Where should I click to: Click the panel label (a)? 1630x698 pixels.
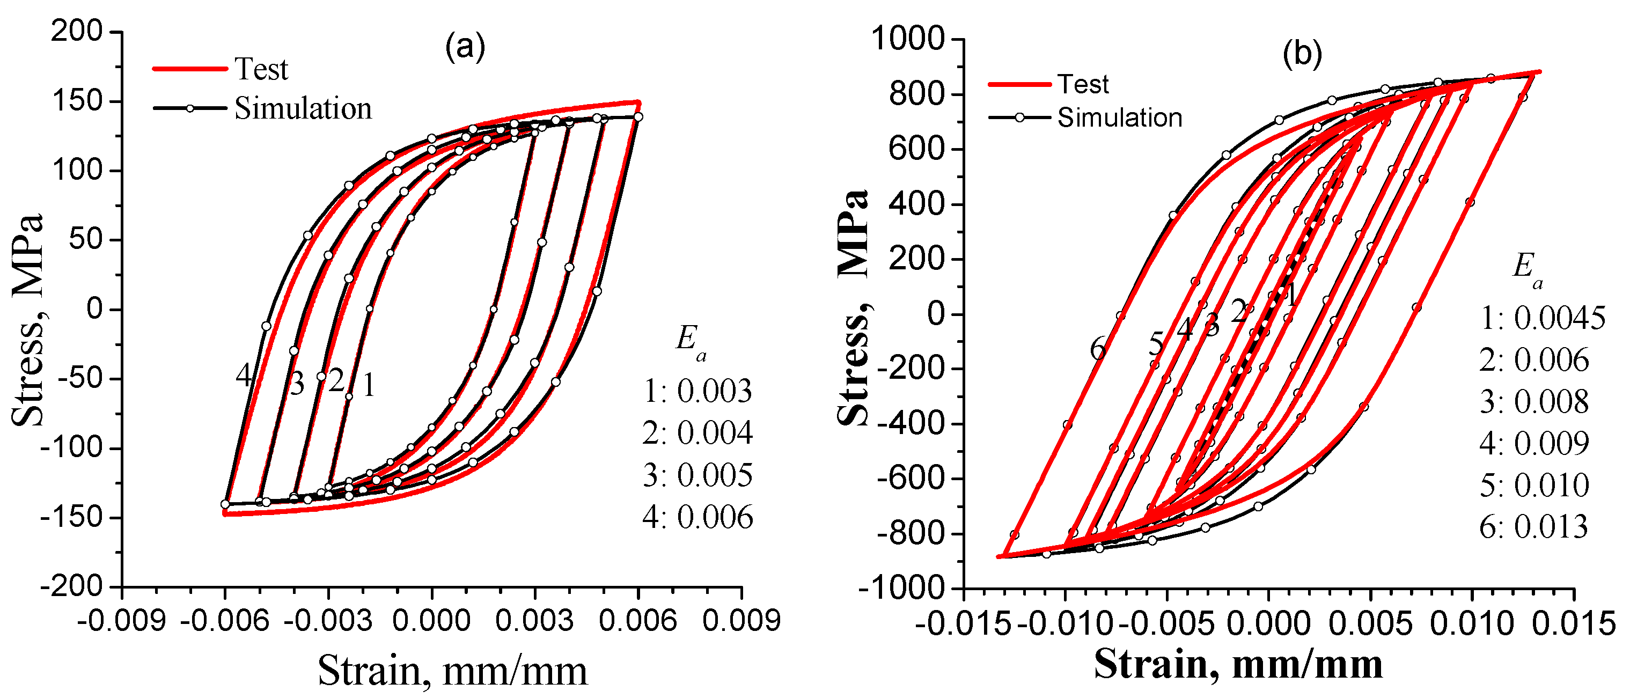click(x=465, y=47)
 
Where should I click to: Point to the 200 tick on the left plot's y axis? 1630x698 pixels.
click(x=77, y=31)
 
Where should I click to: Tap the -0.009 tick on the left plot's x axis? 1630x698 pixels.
click(x=121, y=621)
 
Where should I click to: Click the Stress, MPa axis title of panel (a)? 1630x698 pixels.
click(x=28, y=320)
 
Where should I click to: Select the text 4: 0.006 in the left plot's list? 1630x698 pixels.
click(x=697, y=518)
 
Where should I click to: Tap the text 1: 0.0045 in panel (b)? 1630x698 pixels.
click(x=1542, y=318)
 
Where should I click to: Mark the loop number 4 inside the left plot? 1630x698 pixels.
click(x=244, y=376)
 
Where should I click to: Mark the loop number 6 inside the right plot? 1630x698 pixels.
click(x=1098, y=349)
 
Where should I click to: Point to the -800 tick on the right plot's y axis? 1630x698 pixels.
click(x=911, y=533)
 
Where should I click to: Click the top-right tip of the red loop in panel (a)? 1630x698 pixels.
click(x=638, y=102)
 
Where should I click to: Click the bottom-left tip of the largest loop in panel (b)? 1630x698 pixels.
click(x=999, y=556)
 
